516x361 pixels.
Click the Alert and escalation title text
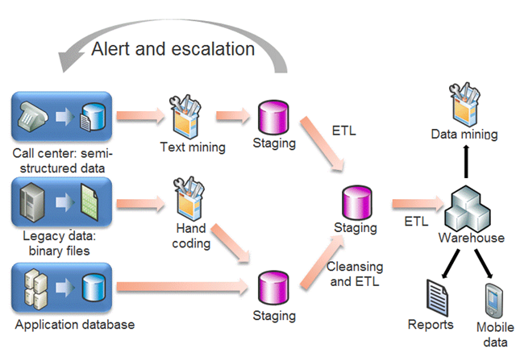click(x=173, y=48)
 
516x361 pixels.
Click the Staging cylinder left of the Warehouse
click(x=356, y=201)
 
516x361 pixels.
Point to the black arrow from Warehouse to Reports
click(x=446, y=263)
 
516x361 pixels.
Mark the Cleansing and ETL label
click(x=354, y=274)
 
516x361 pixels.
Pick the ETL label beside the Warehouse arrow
click(x=416, y=218)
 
